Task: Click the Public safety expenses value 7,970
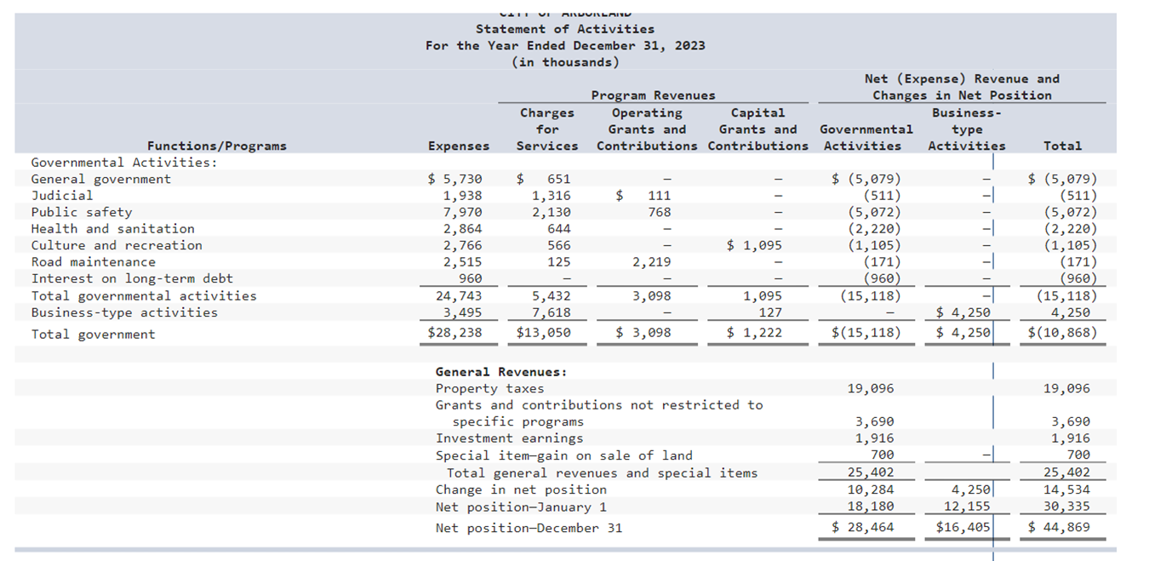pyautogui.click(x=462, y=212)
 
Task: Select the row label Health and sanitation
pyautogui.click(x=112, y=229)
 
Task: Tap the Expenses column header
pyautogui.click(x=459, y=146)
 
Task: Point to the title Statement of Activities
pyautogui.click(x=565, y=29)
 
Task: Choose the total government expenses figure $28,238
pyautogui.click(x=455, y=333)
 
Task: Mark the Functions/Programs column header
pyautogui.click(x=216, y=146)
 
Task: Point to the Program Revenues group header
pyautogui.click(x=653, y=95)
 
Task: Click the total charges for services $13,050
pyautogui.click(x=544, y=333)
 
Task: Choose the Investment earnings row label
pyautogui.click(x=509, y=438)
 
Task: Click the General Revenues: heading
pyautogui.click(x=500, y=372)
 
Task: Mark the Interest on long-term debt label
pyautogui.click(x=132, y=279)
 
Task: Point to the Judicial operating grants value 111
pyautogui.click(x=660, y=196)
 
